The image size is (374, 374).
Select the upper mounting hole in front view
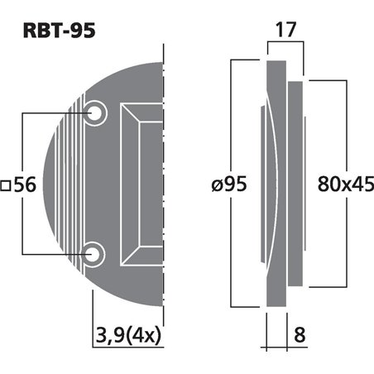[x=96, y=112]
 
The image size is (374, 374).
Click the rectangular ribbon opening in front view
[x=141, y=182]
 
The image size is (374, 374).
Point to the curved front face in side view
[x=270, y=182]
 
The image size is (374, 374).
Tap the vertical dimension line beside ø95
[x=234, y=124]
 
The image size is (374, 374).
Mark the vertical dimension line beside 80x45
[x=340, y=124]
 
